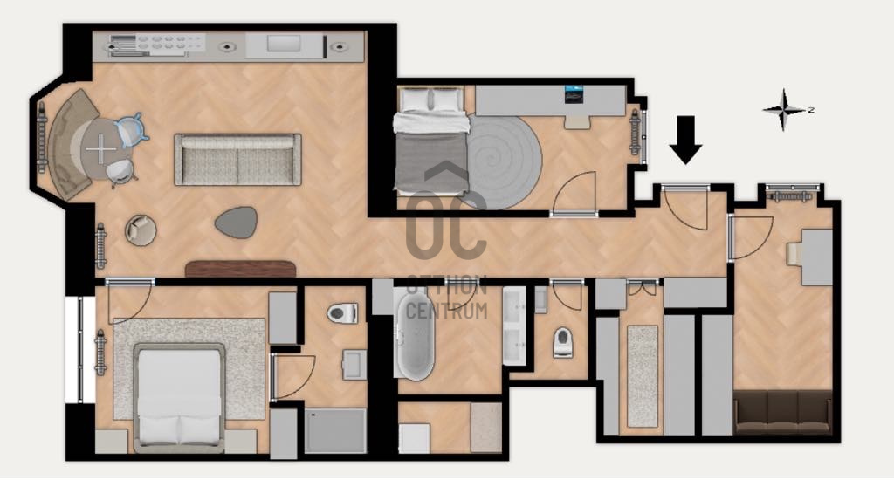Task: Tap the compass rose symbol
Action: point(785,109)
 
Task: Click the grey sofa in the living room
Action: point(237,160)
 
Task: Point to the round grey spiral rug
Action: point(504,162)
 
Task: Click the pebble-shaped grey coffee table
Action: point(236,222)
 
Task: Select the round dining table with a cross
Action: point(101,148)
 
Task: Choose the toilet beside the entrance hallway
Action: point(562,342)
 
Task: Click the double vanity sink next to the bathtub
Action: point(514,326)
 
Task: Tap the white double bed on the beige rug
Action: point(178,396)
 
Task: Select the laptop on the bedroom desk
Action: point(574,94)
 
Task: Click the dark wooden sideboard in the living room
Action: point(240,269)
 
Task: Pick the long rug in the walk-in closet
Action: point(643,375)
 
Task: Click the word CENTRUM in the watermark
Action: point(447,311)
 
